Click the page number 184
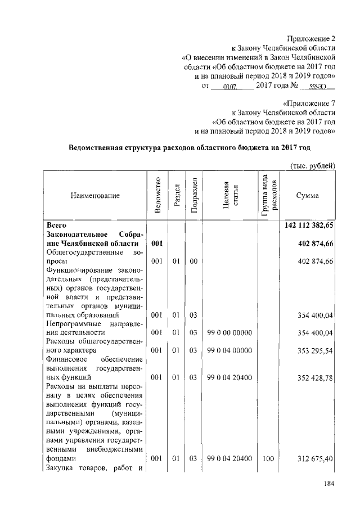[x=328, y=484]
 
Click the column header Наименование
[x=95, y=196]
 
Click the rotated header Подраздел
[x=193, y=195]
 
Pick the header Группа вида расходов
[x=268, y=195]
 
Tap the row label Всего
[x=57, y=225]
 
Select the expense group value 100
[x=268, y=459]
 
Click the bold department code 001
[x=157, y=243]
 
